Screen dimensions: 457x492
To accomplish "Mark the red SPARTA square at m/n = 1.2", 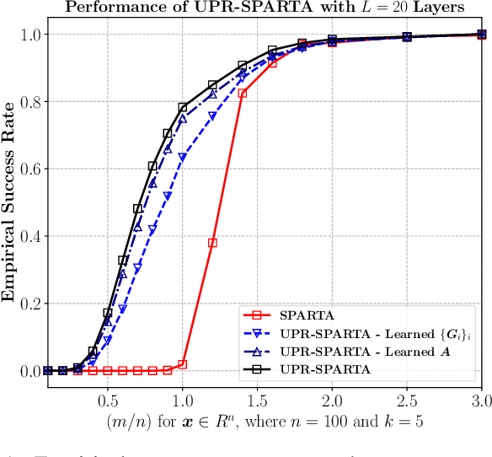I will tap(212, 243).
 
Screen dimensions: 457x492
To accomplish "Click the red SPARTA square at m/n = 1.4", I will tap(243, 93).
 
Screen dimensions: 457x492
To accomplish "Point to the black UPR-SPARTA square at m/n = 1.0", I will tap(183, 107).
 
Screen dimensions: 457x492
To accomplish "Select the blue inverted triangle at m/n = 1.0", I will tap(183, 158).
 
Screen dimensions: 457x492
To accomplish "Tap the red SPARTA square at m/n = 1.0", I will tap(183, 364).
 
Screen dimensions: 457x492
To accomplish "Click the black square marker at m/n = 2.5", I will tap(407, 37).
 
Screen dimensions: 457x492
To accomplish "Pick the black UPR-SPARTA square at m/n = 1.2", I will tap(212, 85).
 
